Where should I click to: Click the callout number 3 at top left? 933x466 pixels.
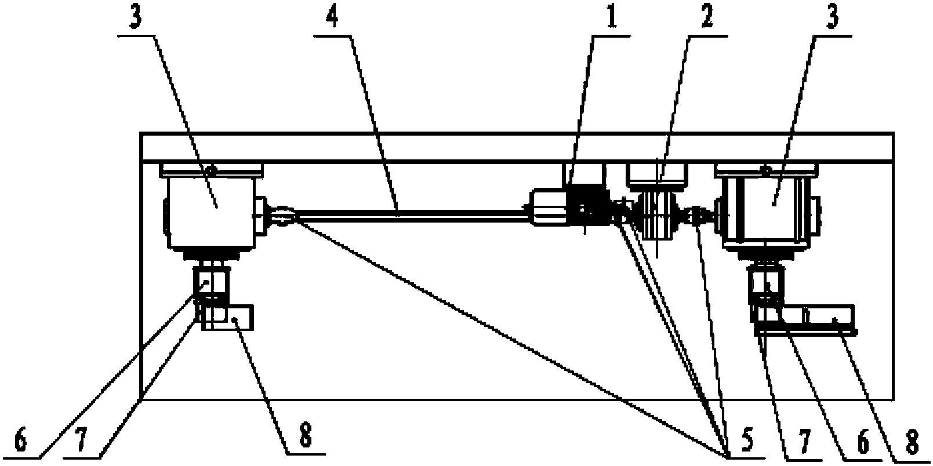[135, 17]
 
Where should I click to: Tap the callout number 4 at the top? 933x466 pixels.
[331, 17]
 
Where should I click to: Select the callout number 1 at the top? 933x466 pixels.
[611, 17]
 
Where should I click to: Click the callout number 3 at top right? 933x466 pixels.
[832, 17]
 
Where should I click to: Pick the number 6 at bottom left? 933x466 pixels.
[21, 440]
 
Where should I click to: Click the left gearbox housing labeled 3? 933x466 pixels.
[210, 212]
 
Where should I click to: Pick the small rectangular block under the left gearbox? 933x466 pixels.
[227, 317]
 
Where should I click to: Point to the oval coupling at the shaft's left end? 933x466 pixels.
[283, 216]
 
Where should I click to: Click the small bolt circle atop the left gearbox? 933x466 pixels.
[211, 170]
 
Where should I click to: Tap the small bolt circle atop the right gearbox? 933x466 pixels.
[765, 170]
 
